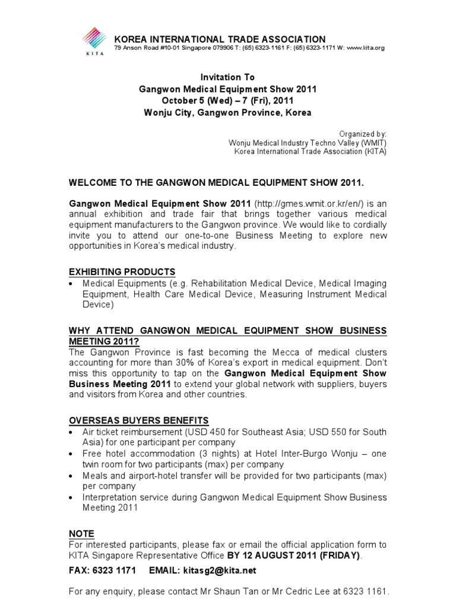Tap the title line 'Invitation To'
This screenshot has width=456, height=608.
[x=228, y=77]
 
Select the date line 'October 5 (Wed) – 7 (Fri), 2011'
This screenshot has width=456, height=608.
[x=228, y=100]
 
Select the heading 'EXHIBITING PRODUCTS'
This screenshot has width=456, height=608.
[x=122, y=272]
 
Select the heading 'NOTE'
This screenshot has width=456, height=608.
[x=82, y=534]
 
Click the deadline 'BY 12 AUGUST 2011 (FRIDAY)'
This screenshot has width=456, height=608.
[x=293, y=555]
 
